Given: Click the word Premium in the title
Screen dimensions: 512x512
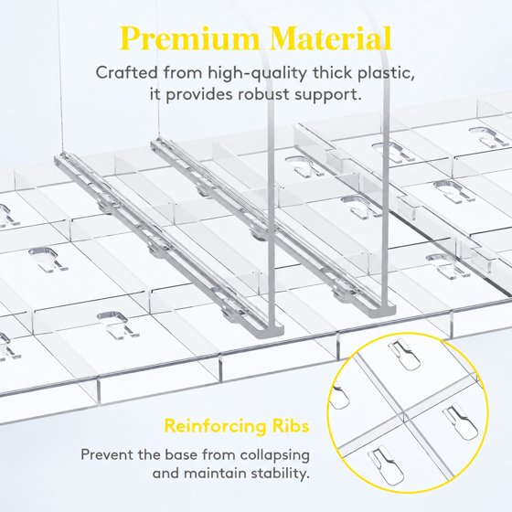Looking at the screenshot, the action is (189, 39).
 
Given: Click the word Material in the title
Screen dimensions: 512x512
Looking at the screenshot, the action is (330, 38).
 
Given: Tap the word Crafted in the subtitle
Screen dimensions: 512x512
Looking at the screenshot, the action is (126, 72).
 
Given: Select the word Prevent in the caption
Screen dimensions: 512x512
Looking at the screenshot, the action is (107, 454).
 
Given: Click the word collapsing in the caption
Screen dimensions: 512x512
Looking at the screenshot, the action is (274, 455).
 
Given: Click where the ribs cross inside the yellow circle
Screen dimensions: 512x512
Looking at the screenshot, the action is (404, 417).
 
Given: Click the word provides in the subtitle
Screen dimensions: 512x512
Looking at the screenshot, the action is (199, 95).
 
